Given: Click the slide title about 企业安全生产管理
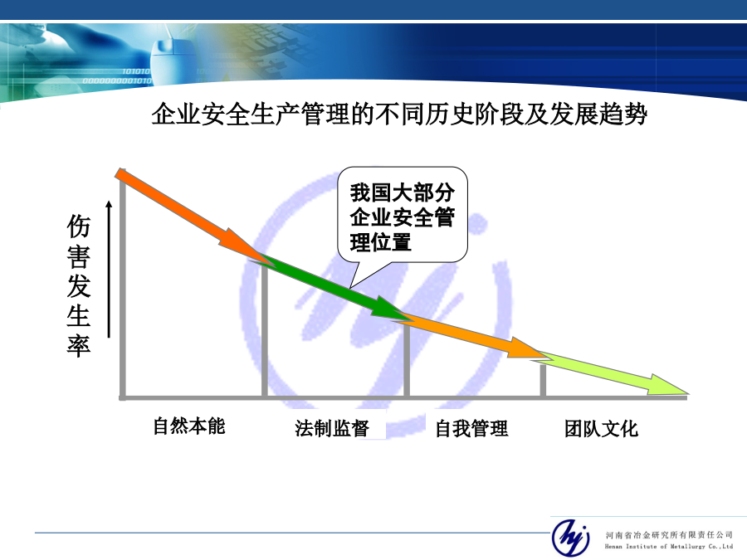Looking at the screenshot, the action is coord(399,114).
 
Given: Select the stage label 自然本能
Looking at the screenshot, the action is coord(188,426).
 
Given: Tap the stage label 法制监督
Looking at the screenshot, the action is coord(331,428).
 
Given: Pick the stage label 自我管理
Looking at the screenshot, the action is coord(471,429).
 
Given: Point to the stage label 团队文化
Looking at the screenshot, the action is coord(601,429).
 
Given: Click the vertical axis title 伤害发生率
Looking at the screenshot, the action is coord(79,285).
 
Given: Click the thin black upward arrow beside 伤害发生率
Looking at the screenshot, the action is coord(109,270).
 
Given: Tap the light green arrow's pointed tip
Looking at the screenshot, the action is coord(688,394).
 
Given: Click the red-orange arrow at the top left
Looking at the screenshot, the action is coord(191,214).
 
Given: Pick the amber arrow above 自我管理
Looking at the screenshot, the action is coord(471,335).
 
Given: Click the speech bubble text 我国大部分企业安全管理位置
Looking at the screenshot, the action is coord(403,217).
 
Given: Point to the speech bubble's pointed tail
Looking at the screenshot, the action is coord(351,288).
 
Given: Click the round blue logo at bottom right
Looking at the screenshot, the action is coord(570,537).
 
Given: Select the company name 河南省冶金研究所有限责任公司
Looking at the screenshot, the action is coord(669,535).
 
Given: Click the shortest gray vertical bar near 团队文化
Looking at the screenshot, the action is coord(543,380).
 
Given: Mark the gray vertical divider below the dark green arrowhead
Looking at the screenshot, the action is coord(407,359).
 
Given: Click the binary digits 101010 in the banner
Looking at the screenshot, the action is coord(136,71).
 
